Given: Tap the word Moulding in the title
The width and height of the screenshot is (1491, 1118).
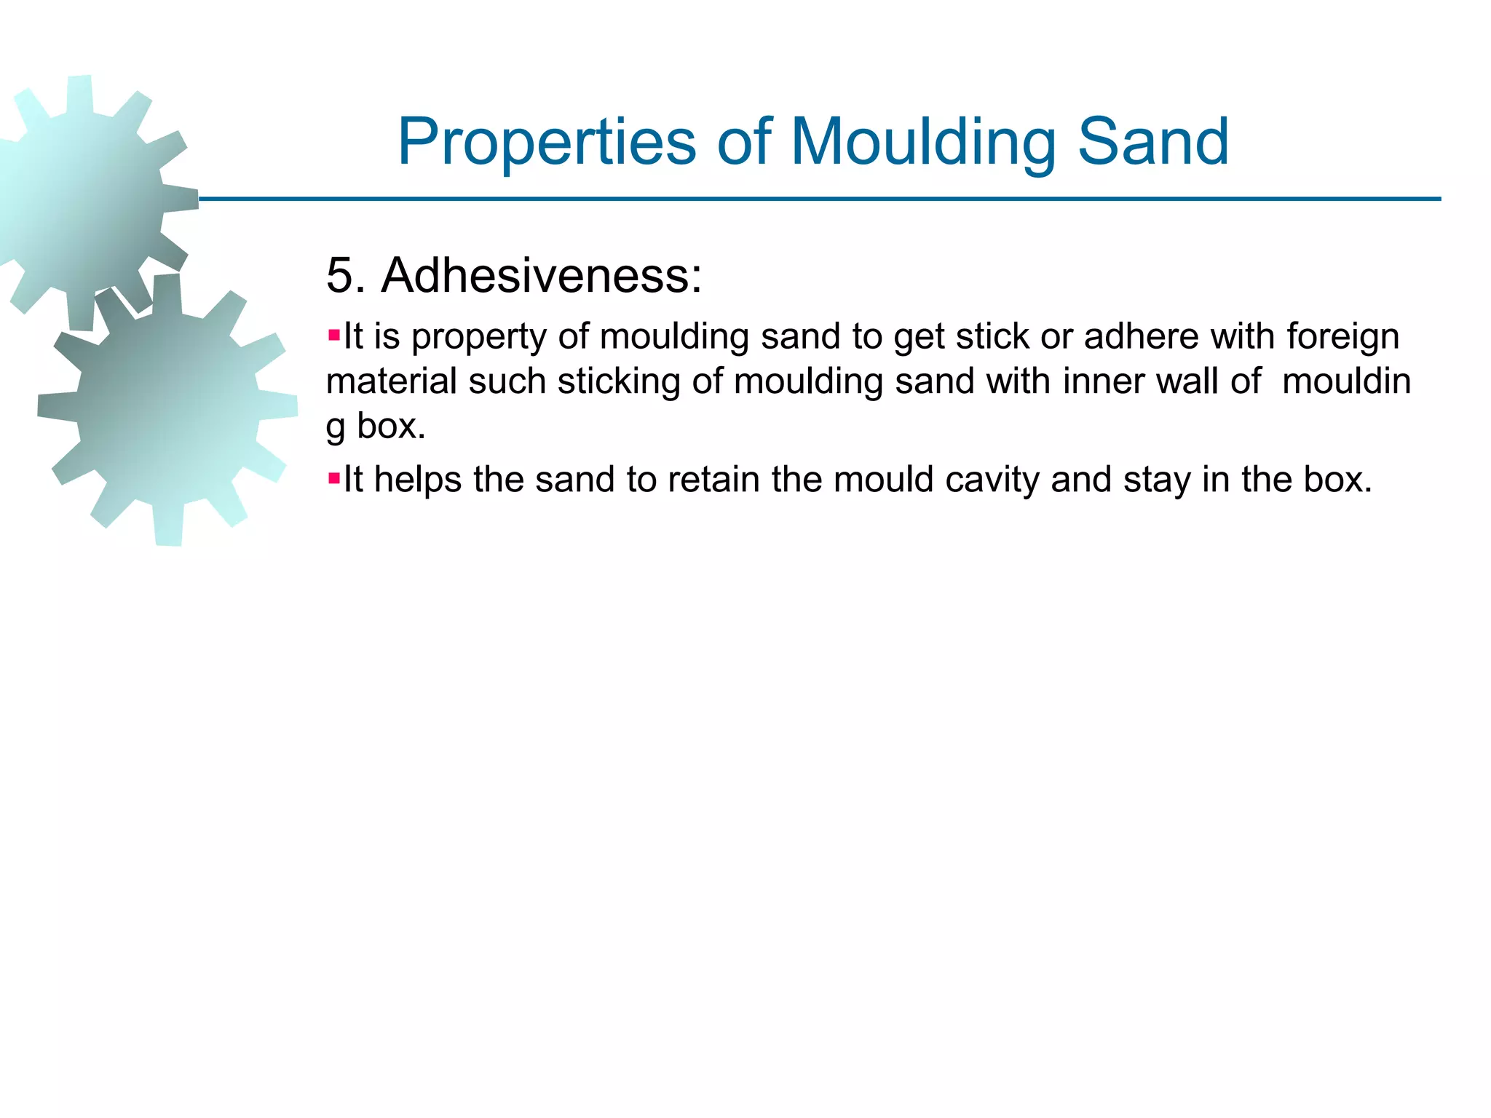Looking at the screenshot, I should (922, 142).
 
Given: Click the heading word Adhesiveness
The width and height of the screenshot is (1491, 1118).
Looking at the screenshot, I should (542, 276).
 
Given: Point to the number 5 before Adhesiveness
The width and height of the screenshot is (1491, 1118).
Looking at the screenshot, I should (341, 276).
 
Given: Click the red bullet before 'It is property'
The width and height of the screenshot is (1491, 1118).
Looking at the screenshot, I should (334, 336).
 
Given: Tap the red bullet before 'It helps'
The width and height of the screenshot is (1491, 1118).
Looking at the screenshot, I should (334, 479).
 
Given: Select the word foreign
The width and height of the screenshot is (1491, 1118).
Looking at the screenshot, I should (1342, 337).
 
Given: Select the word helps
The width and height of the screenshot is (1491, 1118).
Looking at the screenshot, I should (417, 480).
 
